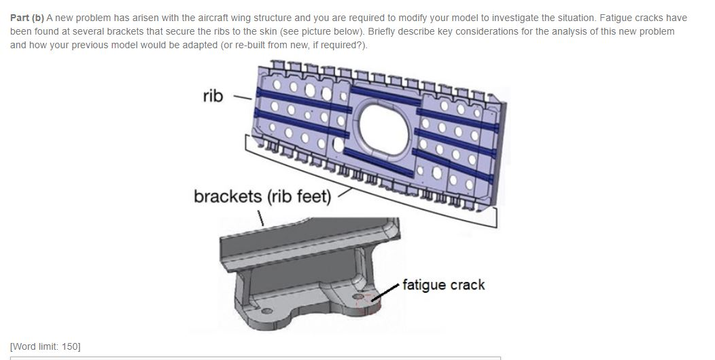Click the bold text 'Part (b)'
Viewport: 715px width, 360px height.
point(27,18)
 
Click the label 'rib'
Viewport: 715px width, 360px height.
point(213,96)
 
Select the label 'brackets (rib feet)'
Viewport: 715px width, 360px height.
point(262,196)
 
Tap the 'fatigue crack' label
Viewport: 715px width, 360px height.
point(443,285)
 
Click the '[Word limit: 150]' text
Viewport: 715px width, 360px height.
point(45,346)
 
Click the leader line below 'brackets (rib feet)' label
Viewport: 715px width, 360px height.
point(261,217)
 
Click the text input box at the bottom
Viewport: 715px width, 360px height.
point(255,357)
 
